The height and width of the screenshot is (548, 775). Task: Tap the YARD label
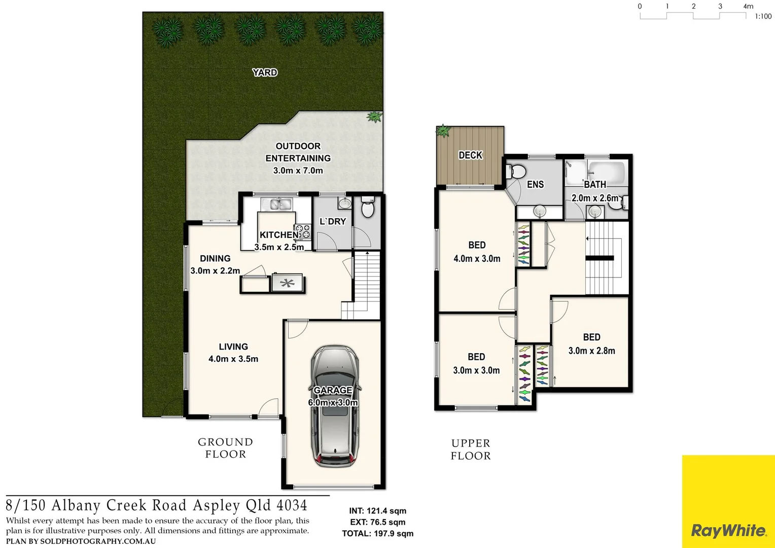pos(265,73)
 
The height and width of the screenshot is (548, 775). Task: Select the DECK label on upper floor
pos(470,155)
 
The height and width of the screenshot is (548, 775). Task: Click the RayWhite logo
pos(728,531)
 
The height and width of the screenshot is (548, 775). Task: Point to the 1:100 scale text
pos(763,16)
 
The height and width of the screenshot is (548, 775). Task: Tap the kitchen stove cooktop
pos(303,232)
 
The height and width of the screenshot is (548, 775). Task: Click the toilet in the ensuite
pos(517,172)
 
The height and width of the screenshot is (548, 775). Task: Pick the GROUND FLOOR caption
pos(225,448)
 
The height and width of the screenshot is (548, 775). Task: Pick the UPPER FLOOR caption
pos(471,450)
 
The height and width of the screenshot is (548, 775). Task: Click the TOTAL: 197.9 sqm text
pos(377,533)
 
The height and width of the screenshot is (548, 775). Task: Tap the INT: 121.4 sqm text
pos(377,511)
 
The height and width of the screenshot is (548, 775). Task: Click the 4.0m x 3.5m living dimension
pos(233,359)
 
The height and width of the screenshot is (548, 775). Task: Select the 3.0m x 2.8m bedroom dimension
pos(591,351)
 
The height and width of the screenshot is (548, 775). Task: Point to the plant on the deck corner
pos(443,131)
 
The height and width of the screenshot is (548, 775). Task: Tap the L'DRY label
pos(332,222)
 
